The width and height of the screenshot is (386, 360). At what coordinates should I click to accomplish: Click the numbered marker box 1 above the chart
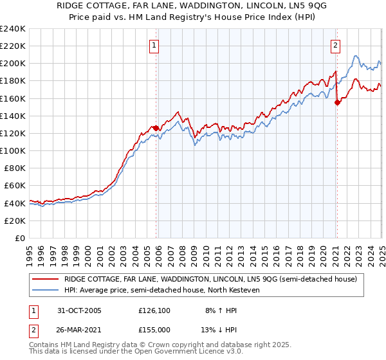point(156,45)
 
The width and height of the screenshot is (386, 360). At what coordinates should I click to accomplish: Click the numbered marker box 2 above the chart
point(336,45)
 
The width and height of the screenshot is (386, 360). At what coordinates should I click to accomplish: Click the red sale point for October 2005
point(156,127)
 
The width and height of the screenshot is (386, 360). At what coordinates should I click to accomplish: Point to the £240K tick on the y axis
point(12,29)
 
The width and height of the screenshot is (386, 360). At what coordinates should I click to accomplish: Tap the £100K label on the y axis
point(12,150)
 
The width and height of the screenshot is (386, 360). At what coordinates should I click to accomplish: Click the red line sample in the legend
point(46,278)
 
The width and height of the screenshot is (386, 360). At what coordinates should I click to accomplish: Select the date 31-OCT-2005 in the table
point(79,310)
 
